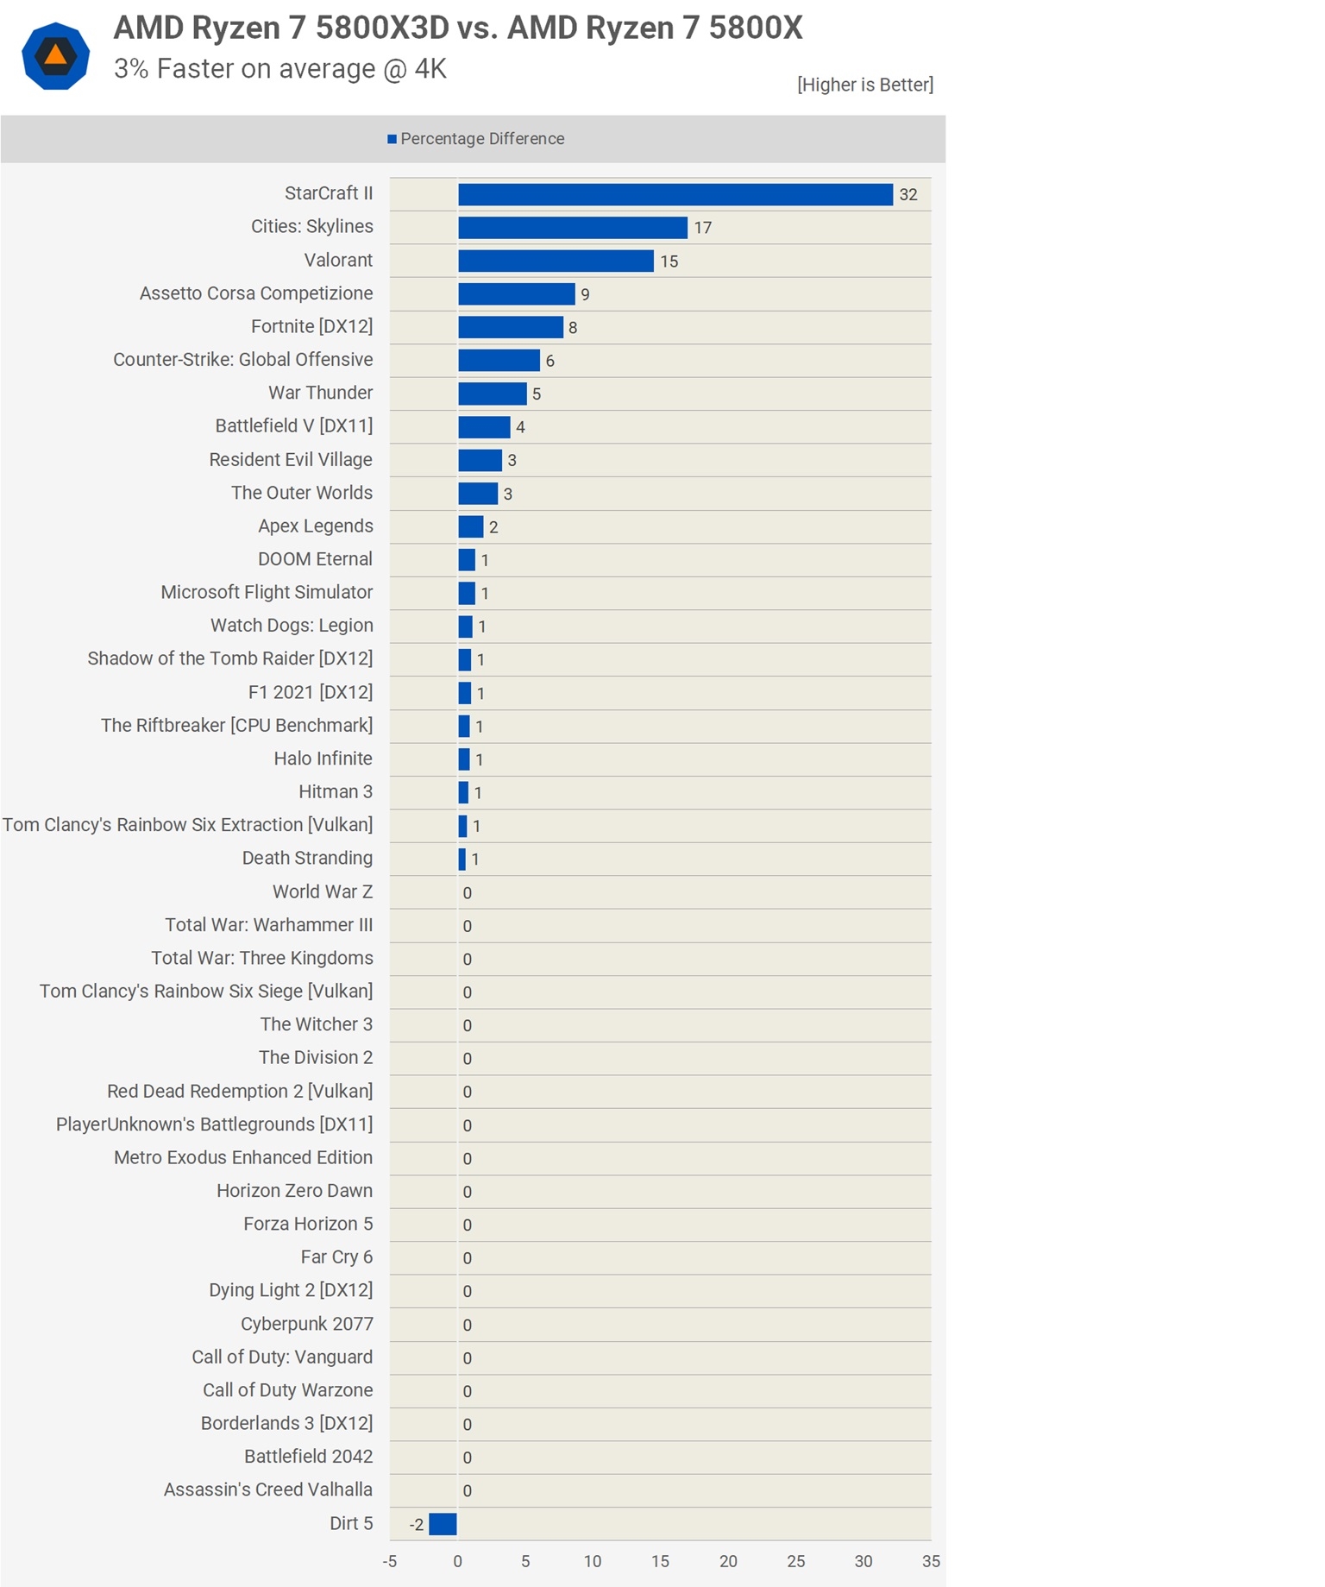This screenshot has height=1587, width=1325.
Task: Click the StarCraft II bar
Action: tap(675, 195)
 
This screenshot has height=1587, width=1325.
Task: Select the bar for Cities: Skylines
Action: tap(573, 228)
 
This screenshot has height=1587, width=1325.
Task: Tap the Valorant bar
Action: tap(556, 261)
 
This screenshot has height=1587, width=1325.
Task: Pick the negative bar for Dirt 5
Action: tap(443, 1524)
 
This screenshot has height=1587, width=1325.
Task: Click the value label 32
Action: tap(907, 195)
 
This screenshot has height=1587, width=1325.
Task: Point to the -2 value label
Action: tap(417, 1525)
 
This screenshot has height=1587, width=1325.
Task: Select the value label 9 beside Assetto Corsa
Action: tap(585, 294)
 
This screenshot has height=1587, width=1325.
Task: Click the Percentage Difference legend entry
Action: tap(476, 139)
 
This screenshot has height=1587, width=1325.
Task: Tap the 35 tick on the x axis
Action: tap(931, 1561)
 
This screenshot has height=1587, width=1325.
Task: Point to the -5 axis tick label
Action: tap(390, 1561)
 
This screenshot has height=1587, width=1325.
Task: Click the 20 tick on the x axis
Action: tap(728, 1561)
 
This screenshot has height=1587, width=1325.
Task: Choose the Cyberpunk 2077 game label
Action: tap(307, 1324)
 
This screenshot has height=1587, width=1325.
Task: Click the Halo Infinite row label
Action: tap(323, 759)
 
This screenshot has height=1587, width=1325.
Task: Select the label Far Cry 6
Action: tap(336, 1257)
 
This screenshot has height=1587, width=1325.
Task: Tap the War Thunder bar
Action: tap(492, 394)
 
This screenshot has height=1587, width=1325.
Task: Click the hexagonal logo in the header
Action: tap(56, 56)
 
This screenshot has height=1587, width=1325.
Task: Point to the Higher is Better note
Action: tap(865, 85)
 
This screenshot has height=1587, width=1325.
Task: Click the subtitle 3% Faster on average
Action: tap(280, 69)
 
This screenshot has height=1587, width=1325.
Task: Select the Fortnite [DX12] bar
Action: tap(511, 327)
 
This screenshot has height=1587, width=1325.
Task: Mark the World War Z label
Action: tap(323, 891)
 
